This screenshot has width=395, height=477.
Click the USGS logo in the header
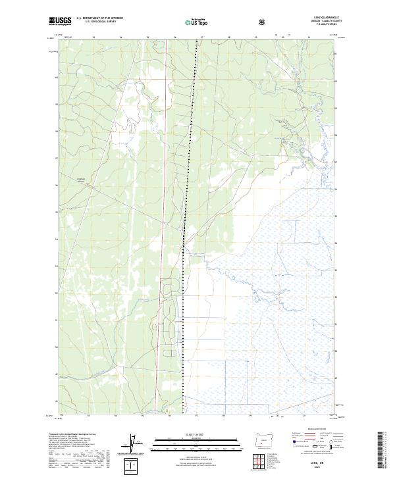[60, 21]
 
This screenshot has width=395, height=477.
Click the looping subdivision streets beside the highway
[172, 316]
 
